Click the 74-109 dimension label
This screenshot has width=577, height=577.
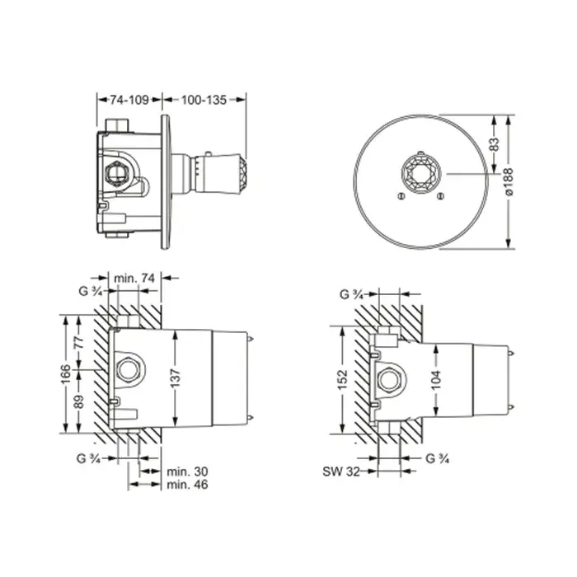(x=129, y=100)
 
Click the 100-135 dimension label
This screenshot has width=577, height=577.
(x=204, y=100)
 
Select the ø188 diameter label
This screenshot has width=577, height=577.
(x=509, y=182)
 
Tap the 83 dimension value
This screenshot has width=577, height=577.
(x=495, y=144)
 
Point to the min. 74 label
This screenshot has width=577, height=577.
(x=134, y=279)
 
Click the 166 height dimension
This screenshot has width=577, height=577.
(x=65, y=374)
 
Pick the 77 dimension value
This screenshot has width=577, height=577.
(x=79, y=343)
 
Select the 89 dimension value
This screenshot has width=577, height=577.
(x=79, y=401)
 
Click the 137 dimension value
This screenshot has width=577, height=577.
(x=176, y=378)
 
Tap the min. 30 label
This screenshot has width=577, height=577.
(x=187, y=471)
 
